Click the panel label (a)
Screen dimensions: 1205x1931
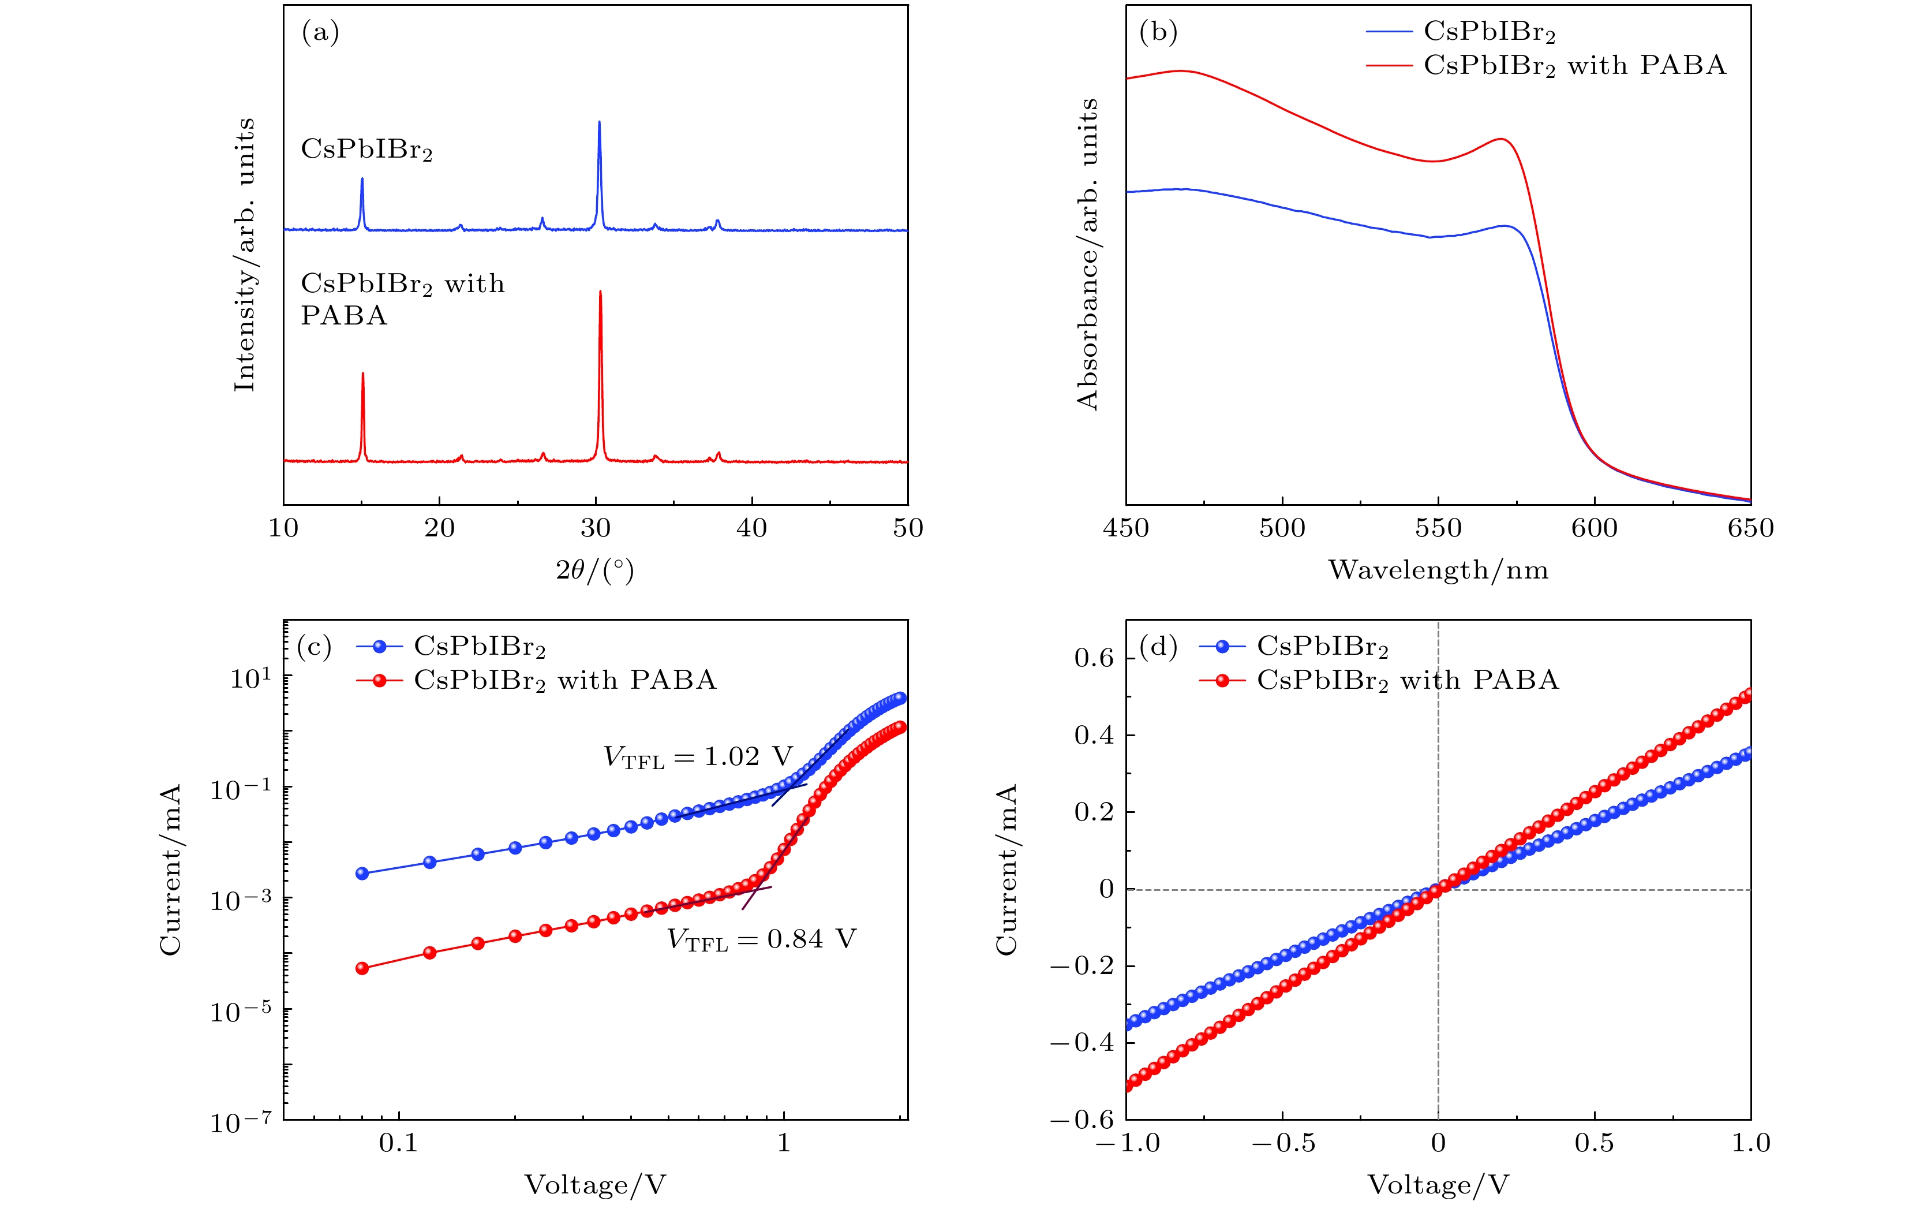point(320,33)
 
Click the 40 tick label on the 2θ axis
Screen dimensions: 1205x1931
point(751,528)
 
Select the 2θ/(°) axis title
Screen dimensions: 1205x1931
point(594,570)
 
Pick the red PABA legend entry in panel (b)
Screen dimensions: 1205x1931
point(1545,65)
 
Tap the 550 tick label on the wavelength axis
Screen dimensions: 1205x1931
point(1438,528)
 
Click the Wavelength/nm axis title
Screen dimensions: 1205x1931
point(1438,570)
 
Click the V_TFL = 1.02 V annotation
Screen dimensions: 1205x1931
point(699,757)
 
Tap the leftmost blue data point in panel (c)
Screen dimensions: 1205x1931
point(362,874)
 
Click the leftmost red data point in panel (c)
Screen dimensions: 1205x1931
point(362,968)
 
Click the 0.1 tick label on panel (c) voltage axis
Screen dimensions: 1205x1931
point(398,1143)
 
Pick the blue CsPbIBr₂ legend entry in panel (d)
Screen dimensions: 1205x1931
point(1294,646)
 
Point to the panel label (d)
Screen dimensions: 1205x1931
point(1158,646)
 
